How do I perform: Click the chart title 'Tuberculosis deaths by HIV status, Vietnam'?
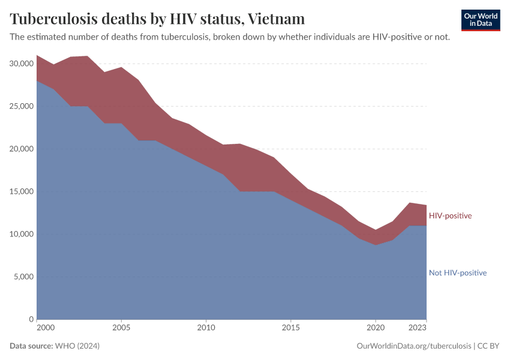pyautogui.click(x=157, y=19)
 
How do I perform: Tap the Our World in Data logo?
pyautogui.click(x=480, y=20)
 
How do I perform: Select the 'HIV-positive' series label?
pyautogui.click(x=450, y=216)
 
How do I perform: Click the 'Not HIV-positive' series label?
pyautogui.click(x=457, y=273)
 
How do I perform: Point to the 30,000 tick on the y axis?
pyautogui.click(x=22, y=64)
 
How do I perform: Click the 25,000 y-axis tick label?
pyautogui.click(x=22, y=106)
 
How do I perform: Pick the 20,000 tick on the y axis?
pyautogui.click(x=22, y=149)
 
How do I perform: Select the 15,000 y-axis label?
pyautogui.click(x=22, y=191)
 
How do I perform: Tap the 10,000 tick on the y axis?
pyautogui.click(x=22, y=234)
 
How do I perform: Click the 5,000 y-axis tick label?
pyautogui.click(x=24, y=277)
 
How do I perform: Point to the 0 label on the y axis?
pyautogui.click(x=31, y=319)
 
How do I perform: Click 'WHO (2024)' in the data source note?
pyautogui.click(x=77, y=346)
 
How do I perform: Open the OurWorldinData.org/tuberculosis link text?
pyautogui.click(x=413, y=346)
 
